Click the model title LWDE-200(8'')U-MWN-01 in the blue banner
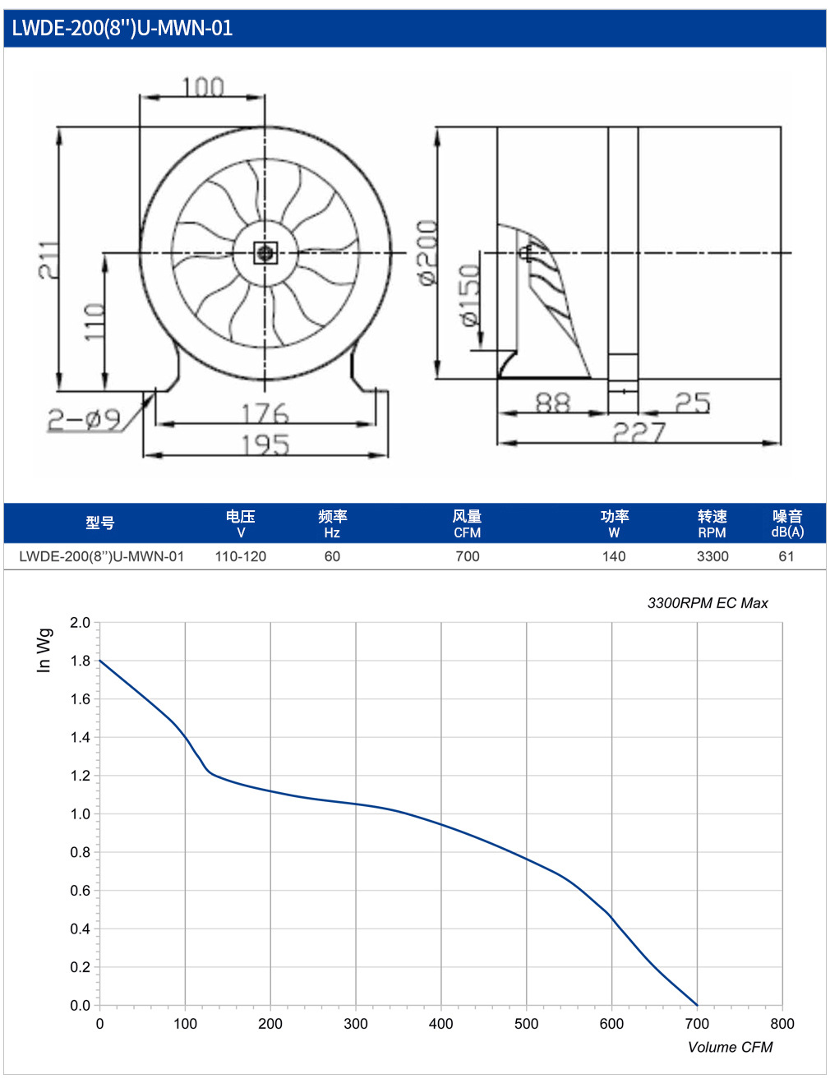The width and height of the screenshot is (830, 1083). (122, 29)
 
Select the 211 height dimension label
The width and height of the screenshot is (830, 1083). (48, 260)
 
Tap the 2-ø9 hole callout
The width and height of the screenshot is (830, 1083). (84, 420)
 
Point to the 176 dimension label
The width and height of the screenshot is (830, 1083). (265, 413)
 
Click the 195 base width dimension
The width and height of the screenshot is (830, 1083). (265, 445)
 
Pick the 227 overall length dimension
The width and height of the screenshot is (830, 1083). (639, 432)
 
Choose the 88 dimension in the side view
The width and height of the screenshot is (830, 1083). (552, 402)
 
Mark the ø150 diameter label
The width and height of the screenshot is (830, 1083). (470, 295)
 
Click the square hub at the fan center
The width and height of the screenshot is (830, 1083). (265, 253)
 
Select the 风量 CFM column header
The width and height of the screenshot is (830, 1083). (468, 523)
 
